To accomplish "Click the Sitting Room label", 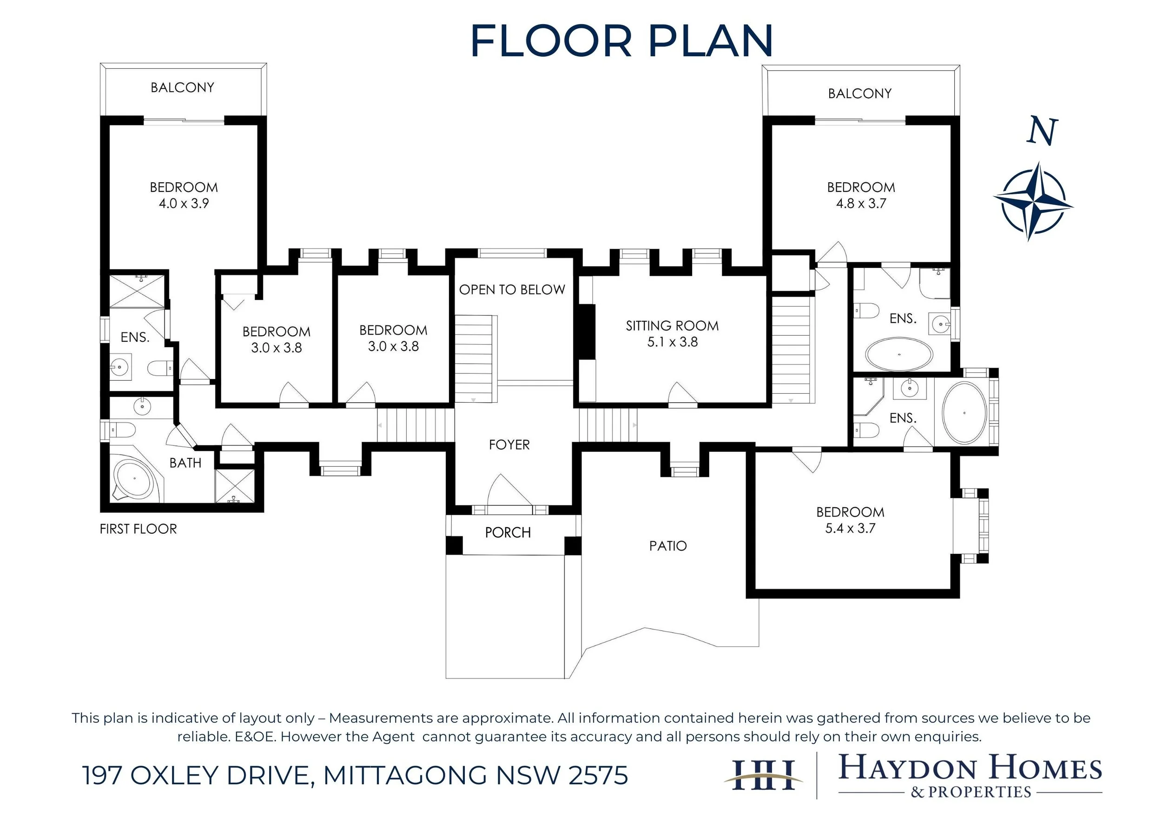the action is click(672, 326).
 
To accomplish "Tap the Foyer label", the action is click(509, 445).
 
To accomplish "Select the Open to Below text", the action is click(512, 290).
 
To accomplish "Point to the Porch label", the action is click(508, 532).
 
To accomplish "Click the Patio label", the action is click(668, 546).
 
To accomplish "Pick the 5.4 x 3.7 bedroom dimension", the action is click(850, 529).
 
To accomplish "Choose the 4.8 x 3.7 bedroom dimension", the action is click(861, 204).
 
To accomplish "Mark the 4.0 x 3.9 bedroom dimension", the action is click(184, 204).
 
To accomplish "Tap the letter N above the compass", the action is click(1042, 132).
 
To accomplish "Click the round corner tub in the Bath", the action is click(133, 479).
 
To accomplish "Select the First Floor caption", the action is click(138, 529).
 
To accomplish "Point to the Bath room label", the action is click(185, 463).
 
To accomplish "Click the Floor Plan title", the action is click(621, 41).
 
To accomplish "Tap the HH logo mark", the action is click(763, 775).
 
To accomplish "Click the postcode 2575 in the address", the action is click(598, 776).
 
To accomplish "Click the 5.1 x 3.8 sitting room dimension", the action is click(673, 342).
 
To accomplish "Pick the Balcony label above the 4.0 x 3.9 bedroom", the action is click(182, 87).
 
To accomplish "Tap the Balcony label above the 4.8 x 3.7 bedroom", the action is click(860, 93).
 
